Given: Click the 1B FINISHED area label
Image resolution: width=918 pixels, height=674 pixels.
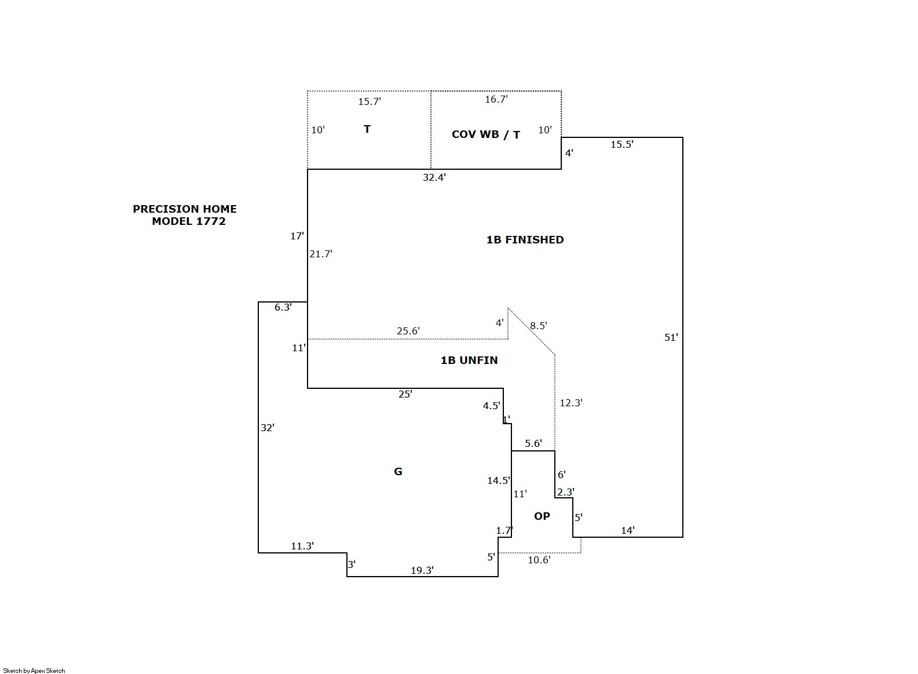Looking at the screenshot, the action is click(525, 240).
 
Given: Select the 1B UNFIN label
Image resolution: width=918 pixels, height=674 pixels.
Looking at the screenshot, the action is click(469, 360).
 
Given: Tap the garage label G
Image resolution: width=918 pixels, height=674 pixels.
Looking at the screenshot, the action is click(398, 472).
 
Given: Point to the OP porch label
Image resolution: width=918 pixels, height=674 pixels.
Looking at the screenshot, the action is click(542, 516).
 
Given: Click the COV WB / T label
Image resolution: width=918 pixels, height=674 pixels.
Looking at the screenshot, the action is click(485, 134).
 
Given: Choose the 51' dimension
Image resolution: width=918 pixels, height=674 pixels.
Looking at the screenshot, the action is click(671, 337).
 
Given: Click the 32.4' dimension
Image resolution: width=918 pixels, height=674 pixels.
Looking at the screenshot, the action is click(434, 177).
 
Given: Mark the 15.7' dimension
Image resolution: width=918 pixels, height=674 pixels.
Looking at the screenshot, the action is click(370, 101).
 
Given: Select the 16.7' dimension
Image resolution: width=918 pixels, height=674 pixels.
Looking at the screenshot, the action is click(497, 99).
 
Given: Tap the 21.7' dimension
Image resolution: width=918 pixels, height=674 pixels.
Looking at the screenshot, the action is click(321, 254).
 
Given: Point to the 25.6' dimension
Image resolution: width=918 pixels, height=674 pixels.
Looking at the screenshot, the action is click(408, 331).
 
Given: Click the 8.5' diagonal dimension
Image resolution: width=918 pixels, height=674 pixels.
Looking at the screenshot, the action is click(539, 326).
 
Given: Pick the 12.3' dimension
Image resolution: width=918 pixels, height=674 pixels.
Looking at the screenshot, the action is click(571, 403).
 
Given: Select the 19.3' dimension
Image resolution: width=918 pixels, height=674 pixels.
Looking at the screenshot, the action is click(423, 570).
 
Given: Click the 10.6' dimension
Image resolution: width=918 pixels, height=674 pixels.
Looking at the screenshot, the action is click(539, 560).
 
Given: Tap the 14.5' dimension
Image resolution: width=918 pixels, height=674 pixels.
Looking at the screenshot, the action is click(499, 480).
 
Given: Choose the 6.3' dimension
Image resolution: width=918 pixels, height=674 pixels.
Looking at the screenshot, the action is click(283, 308).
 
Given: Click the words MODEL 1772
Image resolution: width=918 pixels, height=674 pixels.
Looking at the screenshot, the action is click(189, 221).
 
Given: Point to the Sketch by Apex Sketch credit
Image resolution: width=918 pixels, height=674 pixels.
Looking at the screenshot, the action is click(34, 671).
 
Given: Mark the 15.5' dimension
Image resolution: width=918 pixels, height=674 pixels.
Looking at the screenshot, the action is click(622, 144).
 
